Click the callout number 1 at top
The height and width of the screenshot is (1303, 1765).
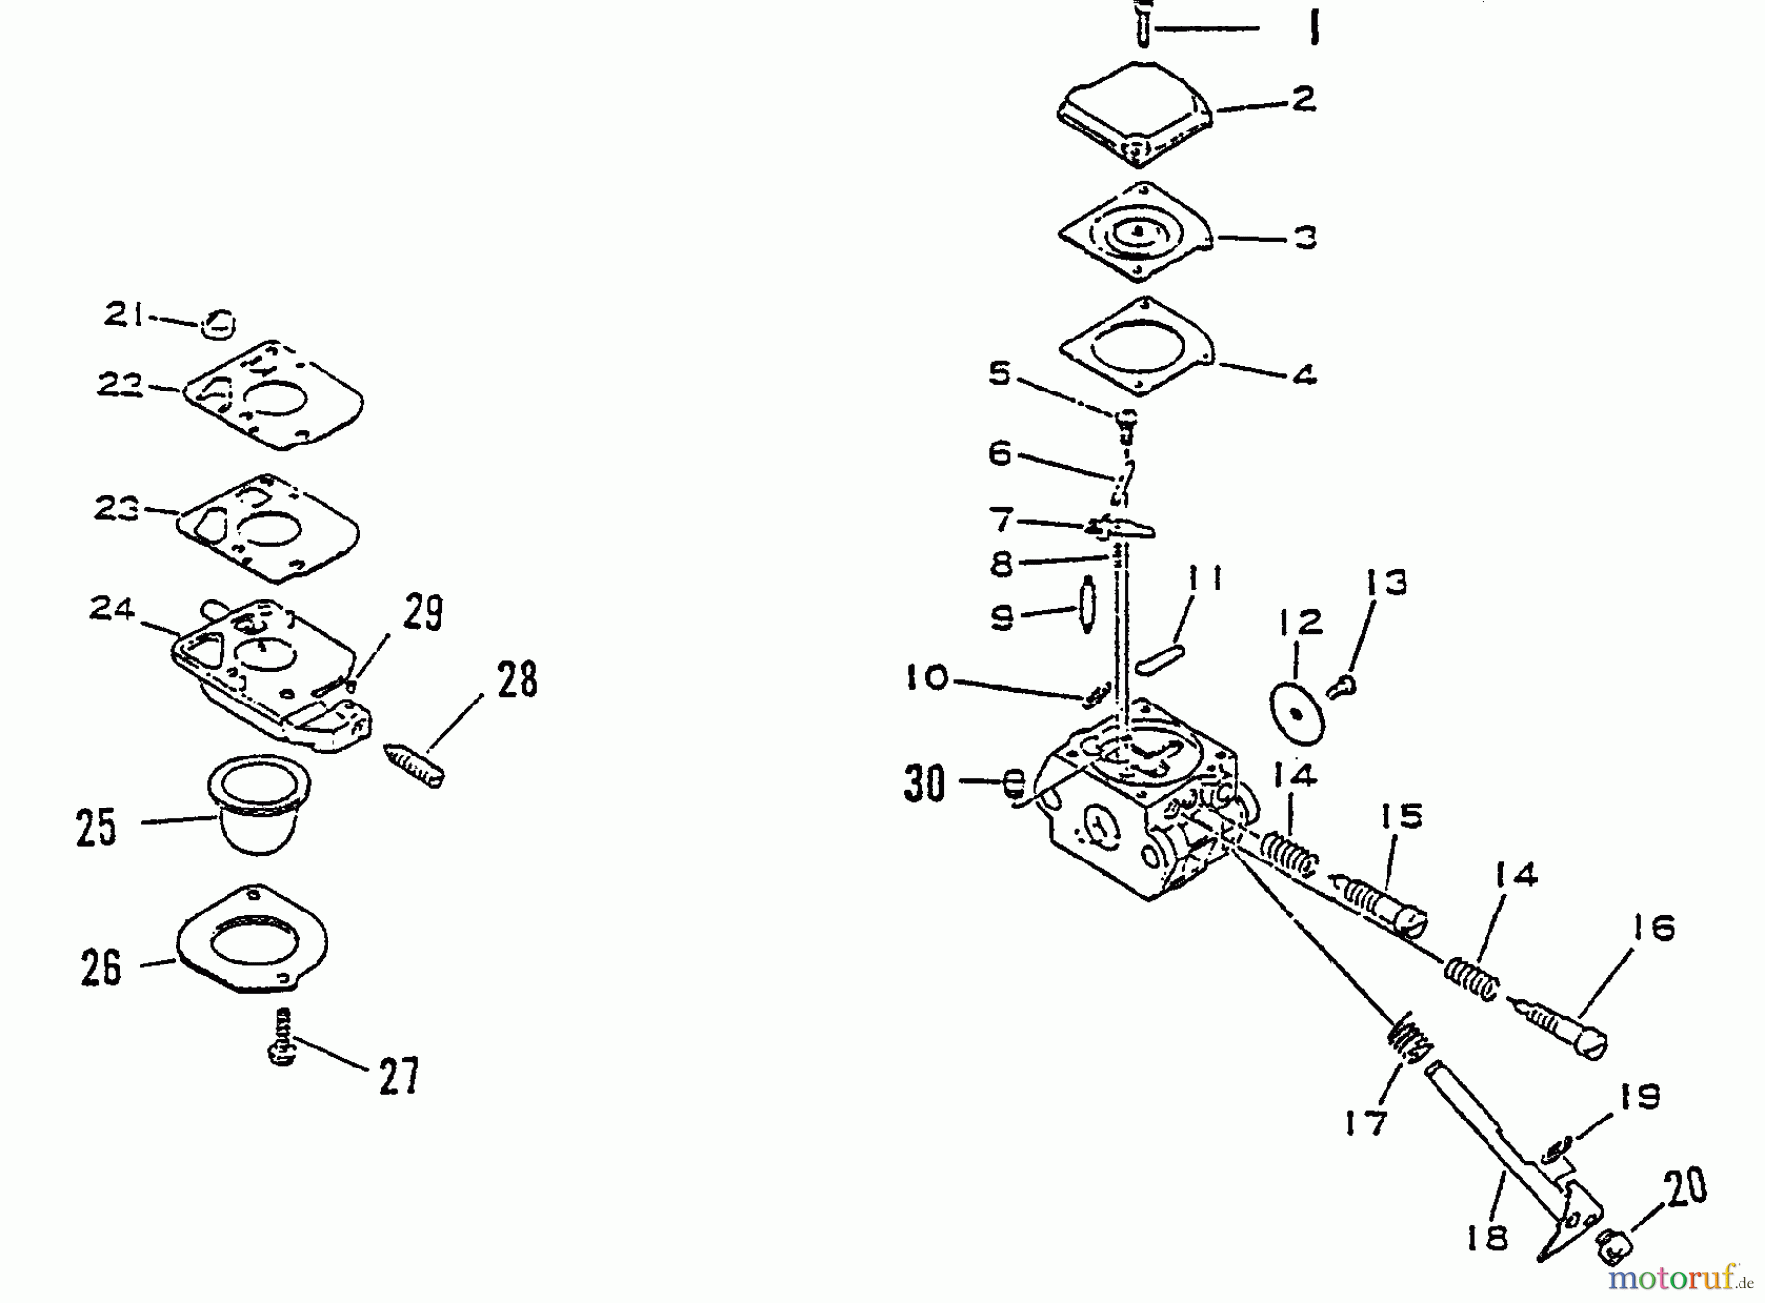pyautogui.click(x=1314, y=27)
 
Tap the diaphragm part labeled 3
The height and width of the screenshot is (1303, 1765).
pyautogui.click(x=1135, y=234)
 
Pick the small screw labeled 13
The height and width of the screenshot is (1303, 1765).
pyautogui.click(x=1339, y=687)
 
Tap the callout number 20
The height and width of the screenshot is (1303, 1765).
pyautogui.click(x=1685, y=1185)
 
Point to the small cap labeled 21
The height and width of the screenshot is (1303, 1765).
pyautogui.click(x=220, y=324)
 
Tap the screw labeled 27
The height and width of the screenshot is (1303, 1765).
pyautogui.click(x=282, y=1036)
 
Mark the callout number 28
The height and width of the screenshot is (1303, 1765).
pyautogui.click(x=517, y=679)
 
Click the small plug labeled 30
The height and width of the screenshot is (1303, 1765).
pyautogui.click(x=1016, y=784)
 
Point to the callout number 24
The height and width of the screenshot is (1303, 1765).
pyautogui.click(x=112, y=609)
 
